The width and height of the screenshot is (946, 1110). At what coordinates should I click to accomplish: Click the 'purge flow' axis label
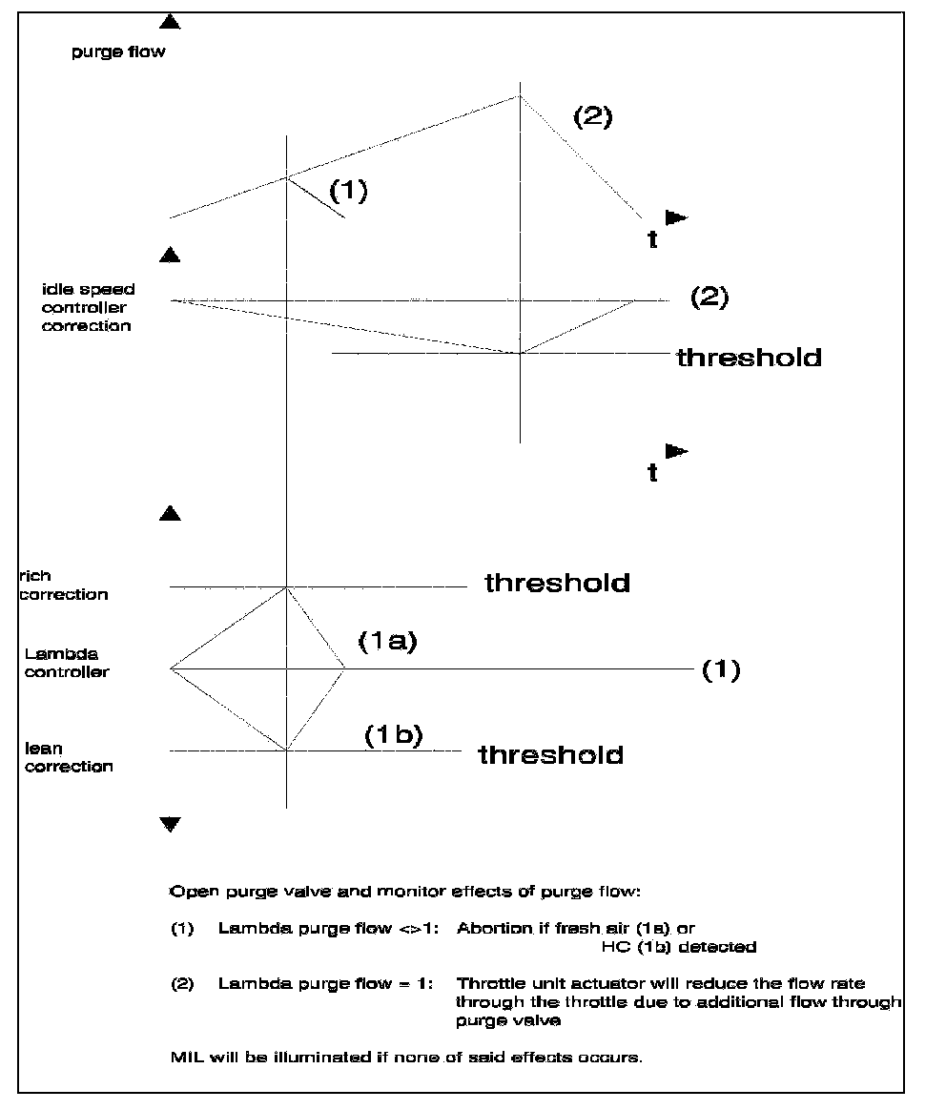coord(118,52)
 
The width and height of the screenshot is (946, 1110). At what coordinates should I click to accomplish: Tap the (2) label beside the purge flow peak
coord(592,117)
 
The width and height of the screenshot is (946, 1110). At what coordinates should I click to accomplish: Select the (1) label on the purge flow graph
coord(348,191)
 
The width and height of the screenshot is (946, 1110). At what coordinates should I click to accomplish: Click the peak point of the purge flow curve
coord(520,94)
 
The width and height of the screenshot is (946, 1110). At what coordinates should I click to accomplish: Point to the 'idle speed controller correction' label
coord(88,307)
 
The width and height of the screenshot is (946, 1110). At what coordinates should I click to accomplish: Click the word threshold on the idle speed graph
coord(749,358)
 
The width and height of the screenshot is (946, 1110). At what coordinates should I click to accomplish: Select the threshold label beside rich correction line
coord(557,583)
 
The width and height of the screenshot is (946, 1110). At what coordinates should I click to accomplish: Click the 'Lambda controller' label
coord(68,663)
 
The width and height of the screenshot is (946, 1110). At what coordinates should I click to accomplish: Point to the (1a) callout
coord(388,643)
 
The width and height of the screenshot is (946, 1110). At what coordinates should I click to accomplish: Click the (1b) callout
coord(393,736)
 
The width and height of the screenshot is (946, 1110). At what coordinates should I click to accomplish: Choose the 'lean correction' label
coord(69,757)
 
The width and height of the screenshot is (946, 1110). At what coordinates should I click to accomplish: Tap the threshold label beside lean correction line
coord(550,755)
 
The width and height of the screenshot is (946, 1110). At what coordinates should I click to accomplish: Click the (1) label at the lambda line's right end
coord(721,669)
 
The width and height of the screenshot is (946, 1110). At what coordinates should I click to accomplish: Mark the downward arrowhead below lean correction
coord(170,824)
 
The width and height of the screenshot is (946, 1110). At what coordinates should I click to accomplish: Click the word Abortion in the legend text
coord(494,929)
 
